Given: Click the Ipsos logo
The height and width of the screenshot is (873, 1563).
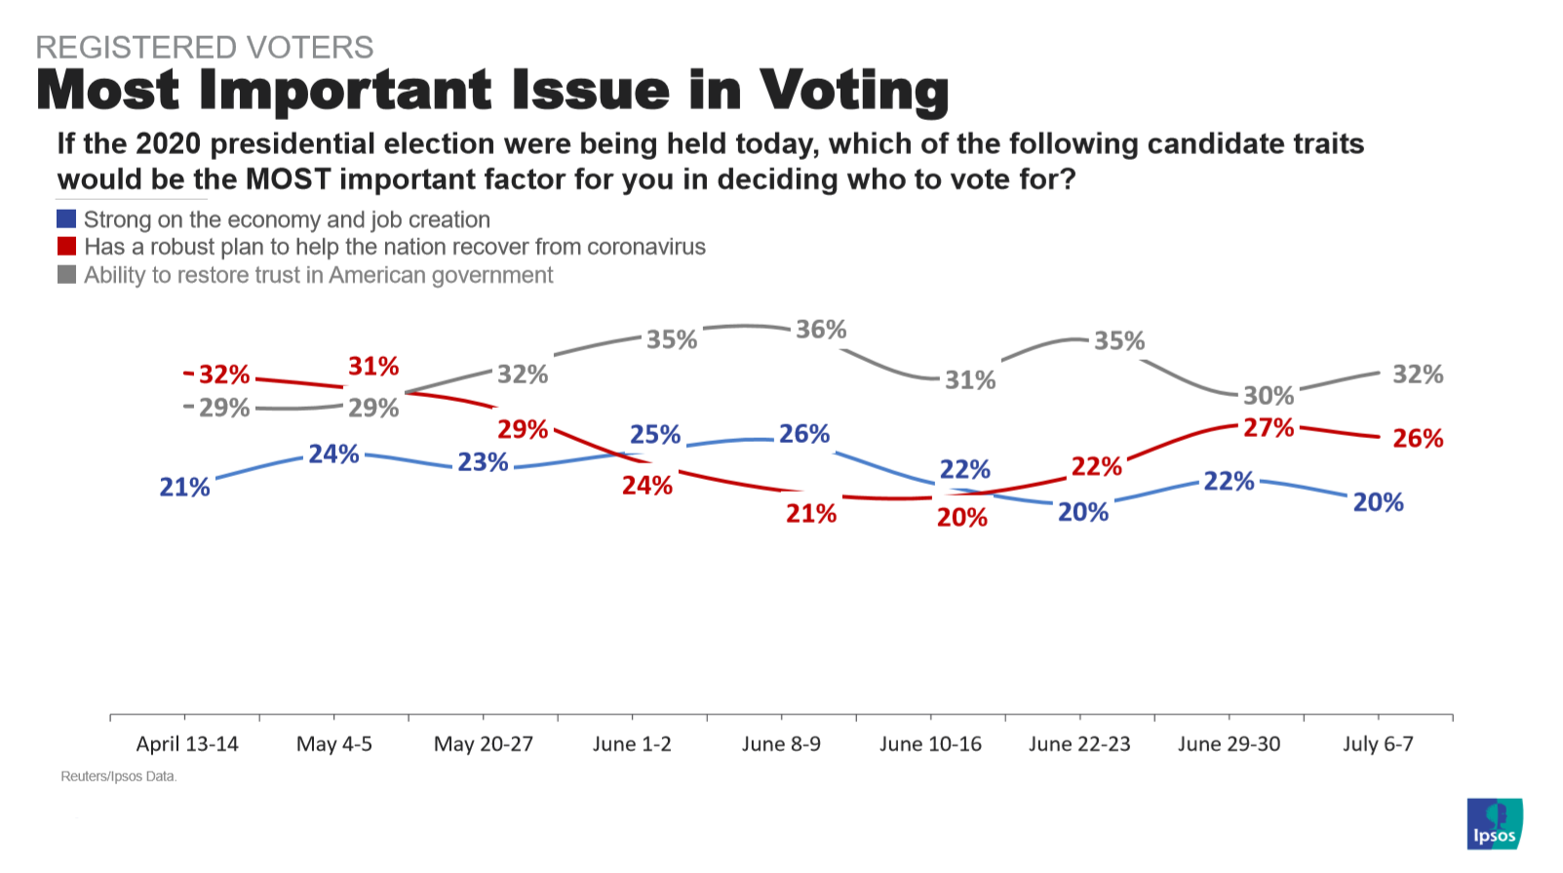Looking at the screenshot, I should click(1494, 824).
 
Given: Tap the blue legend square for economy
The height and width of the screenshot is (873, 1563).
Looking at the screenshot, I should click(66, 218).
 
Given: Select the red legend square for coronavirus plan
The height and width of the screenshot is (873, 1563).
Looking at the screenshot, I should click(66, 246).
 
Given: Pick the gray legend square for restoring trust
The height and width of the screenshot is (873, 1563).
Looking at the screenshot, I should click(66, 274).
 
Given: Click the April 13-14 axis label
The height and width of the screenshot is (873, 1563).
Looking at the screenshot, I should click(187, 744).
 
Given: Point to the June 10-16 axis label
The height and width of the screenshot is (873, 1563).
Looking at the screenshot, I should click(930, 744).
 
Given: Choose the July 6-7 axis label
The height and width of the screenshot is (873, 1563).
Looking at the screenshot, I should click(1378, 744).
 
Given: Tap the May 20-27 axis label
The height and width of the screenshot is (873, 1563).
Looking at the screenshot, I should click(484, 744).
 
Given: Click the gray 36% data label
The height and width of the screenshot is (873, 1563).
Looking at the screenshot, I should click(821, 330).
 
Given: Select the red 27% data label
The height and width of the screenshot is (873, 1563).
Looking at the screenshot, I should click(1269, 428).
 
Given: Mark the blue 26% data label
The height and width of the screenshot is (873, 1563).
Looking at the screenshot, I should click(804, 434).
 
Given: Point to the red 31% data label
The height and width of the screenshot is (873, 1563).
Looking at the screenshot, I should click(373, 367).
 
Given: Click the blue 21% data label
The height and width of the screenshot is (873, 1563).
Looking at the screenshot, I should click(185, 487).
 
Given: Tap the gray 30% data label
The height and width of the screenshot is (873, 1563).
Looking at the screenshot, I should click(1269, 396).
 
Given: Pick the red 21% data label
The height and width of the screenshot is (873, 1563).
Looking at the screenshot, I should click(811, 514).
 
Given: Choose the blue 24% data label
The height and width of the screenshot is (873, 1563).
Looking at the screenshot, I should click(334, 455).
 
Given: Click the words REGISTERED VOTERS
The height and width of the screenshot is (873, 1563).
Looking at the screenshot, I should click(205, 47).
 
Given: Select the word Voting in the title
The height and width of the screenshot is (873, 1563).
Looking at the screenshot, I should click(854, 91).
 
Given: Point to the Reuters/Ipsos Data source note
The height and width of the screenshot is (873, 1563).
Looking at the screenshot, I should click(119, 776).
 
